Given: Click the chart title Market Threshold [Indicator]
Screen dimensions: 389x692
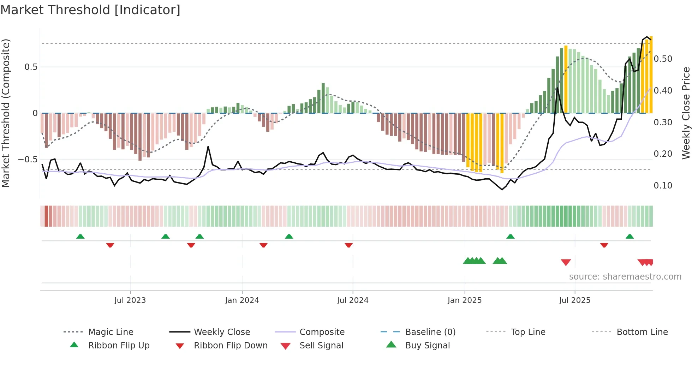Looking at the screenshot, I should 90,10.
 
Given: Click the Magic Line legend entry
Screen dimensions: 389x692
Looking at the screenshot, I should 111,332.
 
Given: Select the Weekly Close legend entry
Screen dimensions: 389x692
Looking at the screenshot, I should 222,332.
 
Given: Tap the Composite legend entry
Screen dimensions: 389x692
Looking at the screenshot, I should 322,332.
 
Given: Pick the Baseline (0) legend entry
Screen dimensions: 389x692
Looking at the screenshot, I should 430,332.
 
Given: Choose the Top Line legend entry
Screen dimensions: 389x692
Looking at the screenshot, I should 528,332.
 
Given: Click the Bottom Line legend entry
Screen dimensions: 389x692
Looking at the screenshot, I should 642,332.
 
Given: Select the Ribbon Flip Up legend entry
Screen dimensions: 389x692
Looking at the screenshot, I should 119,346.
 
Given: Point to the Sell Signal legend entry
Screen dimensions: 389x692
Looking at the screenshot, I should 321,346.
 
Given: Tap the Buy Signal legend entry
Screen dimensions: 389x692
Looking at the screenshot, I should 427,346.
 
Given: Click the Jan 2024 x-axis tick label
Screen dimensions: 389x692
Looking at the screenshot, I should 242,300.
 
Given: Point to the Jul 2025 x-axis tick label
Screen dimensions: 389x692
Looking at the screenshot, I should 574,300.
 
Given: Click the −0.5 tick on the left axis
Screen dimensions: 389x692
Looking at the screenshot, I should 28,160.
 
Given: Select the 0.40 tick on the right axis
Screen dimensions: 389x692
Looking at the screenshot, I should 663,91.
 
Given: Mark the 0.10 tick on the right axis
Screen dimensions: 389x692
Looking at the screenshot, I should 663,186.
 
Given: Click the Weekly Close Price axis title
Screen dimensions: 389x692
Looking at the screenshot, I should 686,113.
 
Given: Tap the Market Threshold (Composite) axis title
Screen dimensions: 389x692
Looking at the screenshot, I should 6,113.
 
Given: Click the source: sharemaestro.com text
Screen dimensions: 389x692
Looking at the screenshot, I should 625,277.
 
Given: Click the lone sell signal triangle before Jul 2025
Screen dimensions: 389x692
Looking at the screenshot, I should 566,262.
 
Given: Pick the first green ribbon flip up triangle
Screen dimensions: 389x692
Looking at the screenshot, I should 80,237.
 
